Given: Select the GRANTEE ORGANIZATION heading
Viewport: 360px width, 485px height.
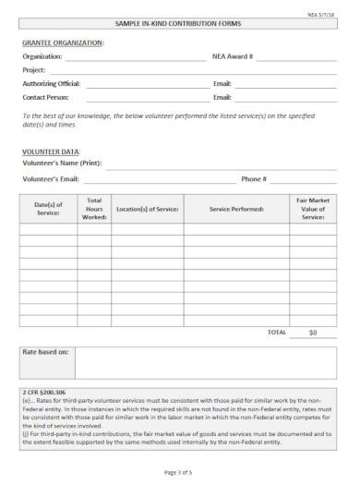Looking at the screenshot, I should tap(63, 43).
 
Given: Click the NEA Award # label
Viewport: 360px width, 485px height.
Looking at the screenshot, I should tap(233, 56).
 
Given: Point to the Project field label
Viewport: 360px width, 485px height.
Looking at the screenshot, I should tap(34, 70).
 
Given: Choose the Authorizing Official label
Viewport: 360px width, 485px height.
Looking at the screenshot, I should tap(51, 83).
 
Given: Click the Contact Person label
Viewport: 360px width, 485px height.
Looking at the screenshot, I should tap(45, 96).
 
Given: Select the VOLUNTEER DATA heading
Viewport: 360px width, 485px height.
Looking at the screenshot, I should tap(51, 151).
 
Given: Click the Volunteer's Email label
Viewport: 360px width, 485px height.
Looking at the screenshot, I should tap(51, 178).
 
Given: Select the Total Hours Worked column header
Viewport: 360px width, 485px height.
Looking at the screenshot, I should tap(94, 209).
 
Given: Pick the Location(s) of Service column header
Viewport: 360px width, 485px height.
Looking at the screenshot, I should tap(147, 209).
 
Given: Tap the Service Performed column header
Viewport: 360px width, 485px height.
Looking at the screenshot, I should tap(236, 209).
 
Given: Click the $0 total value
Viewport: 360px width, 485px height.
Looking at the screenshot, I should tap(313, 331).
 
